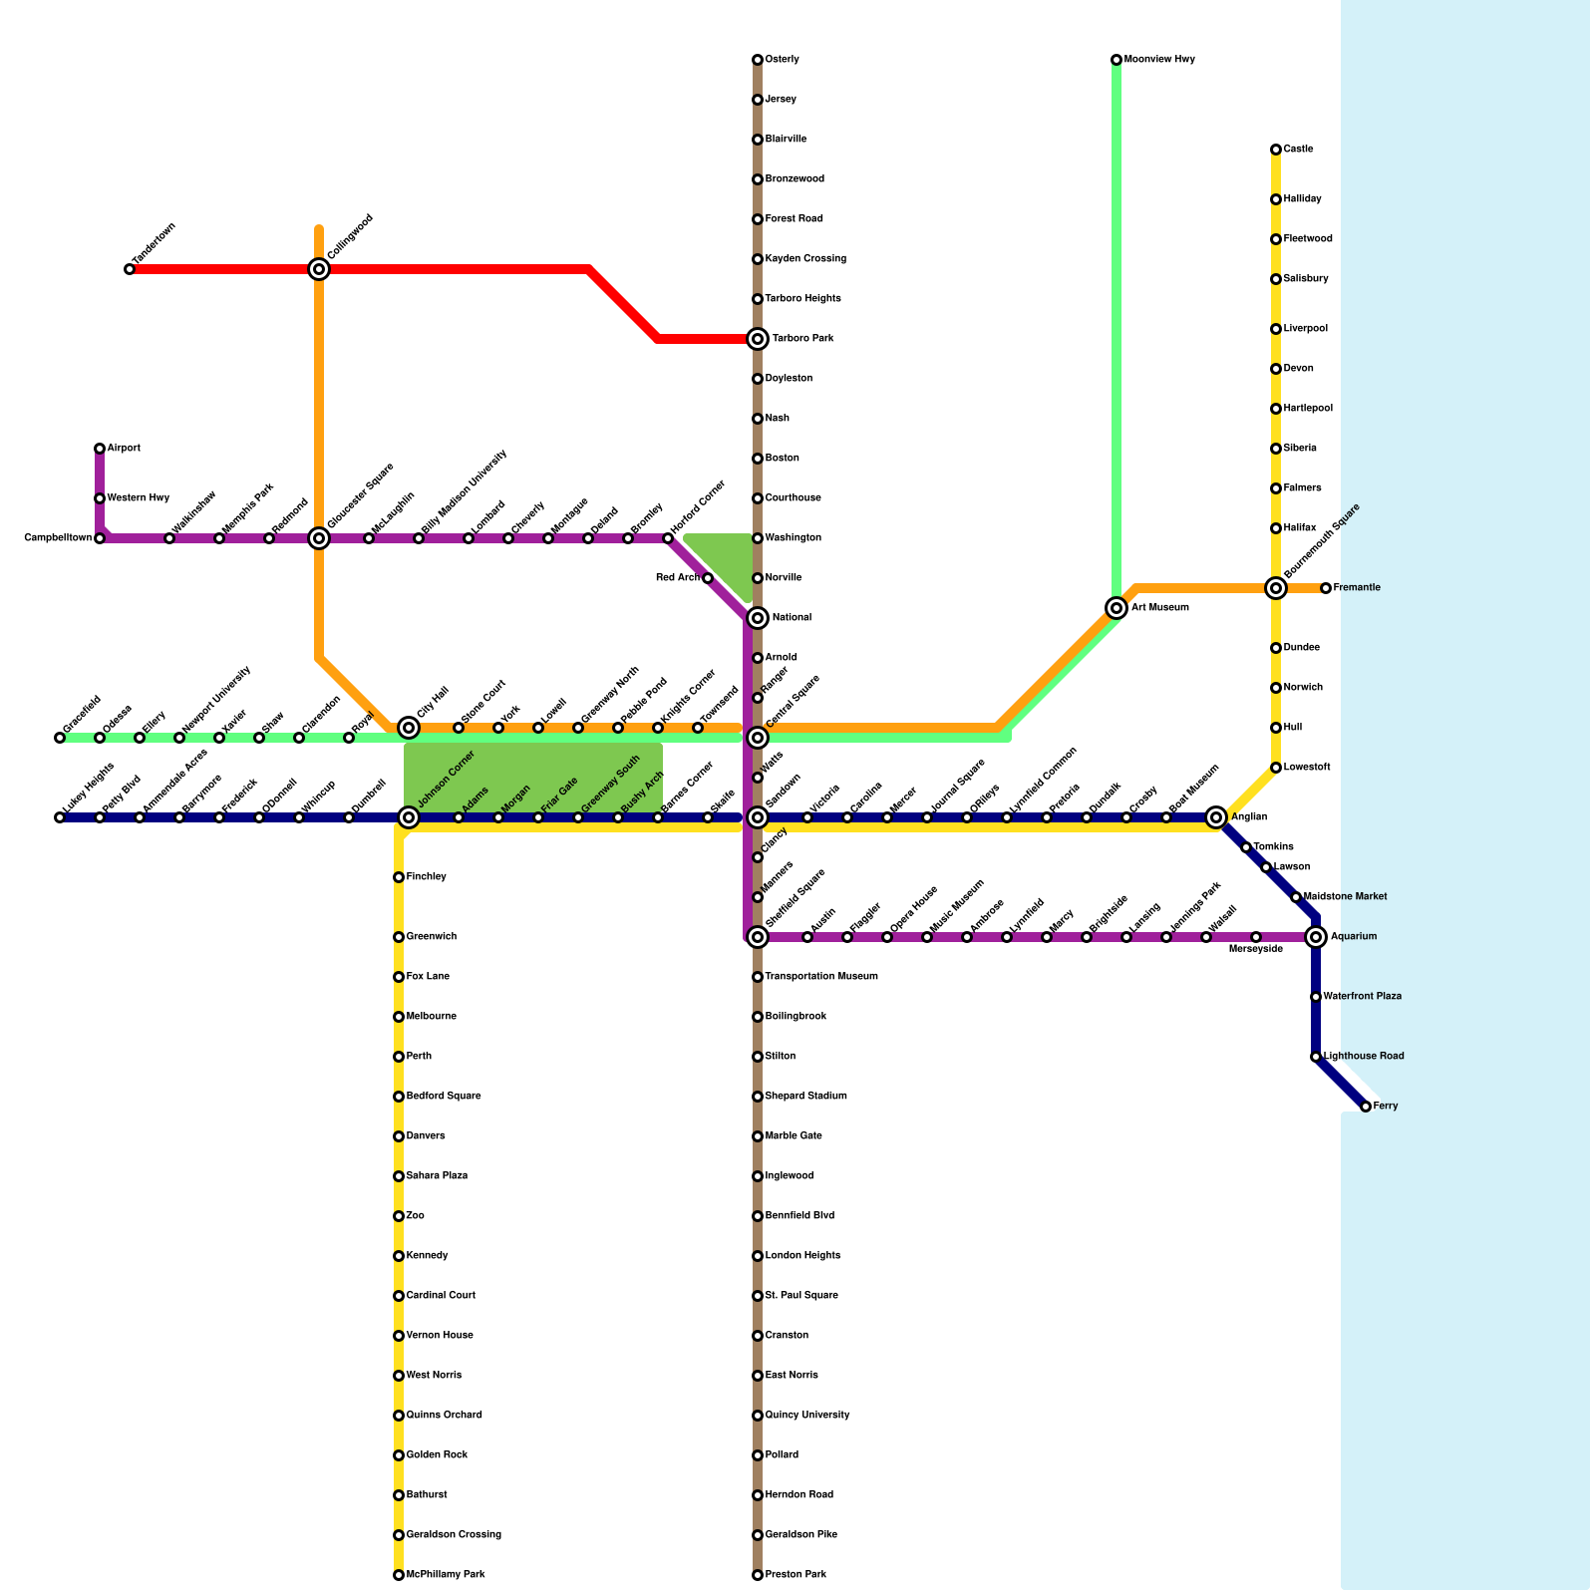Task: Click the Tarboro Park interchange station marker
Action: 758,339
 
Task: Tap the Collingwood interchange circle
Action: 319,269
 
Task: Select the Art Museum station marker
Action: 1116,608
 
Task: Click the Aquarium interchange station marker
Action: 1316,937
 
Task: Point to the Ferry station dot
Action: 1366,1107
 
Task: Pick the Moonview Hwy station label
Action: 1159,60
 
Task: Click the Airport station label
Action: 124,449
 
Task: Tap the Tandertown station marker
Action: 130,269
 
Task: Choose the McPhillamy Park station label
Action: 446,1575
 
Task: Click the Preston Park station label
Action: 796,1575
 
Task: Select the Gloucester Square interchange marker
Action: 319,538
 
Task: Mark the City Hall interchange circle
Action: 409,728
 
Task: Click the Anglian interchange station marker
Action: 1216,817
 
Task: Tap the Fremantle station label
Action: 1357,588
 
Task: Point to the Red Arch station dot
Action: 708,578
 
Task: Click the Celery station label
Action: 783,60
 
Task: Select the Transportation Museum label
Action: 821,977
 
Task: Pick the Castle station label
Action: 1298,150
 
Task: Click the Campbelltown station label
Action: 58,538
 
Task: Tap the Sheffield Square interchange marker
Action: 758,937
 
